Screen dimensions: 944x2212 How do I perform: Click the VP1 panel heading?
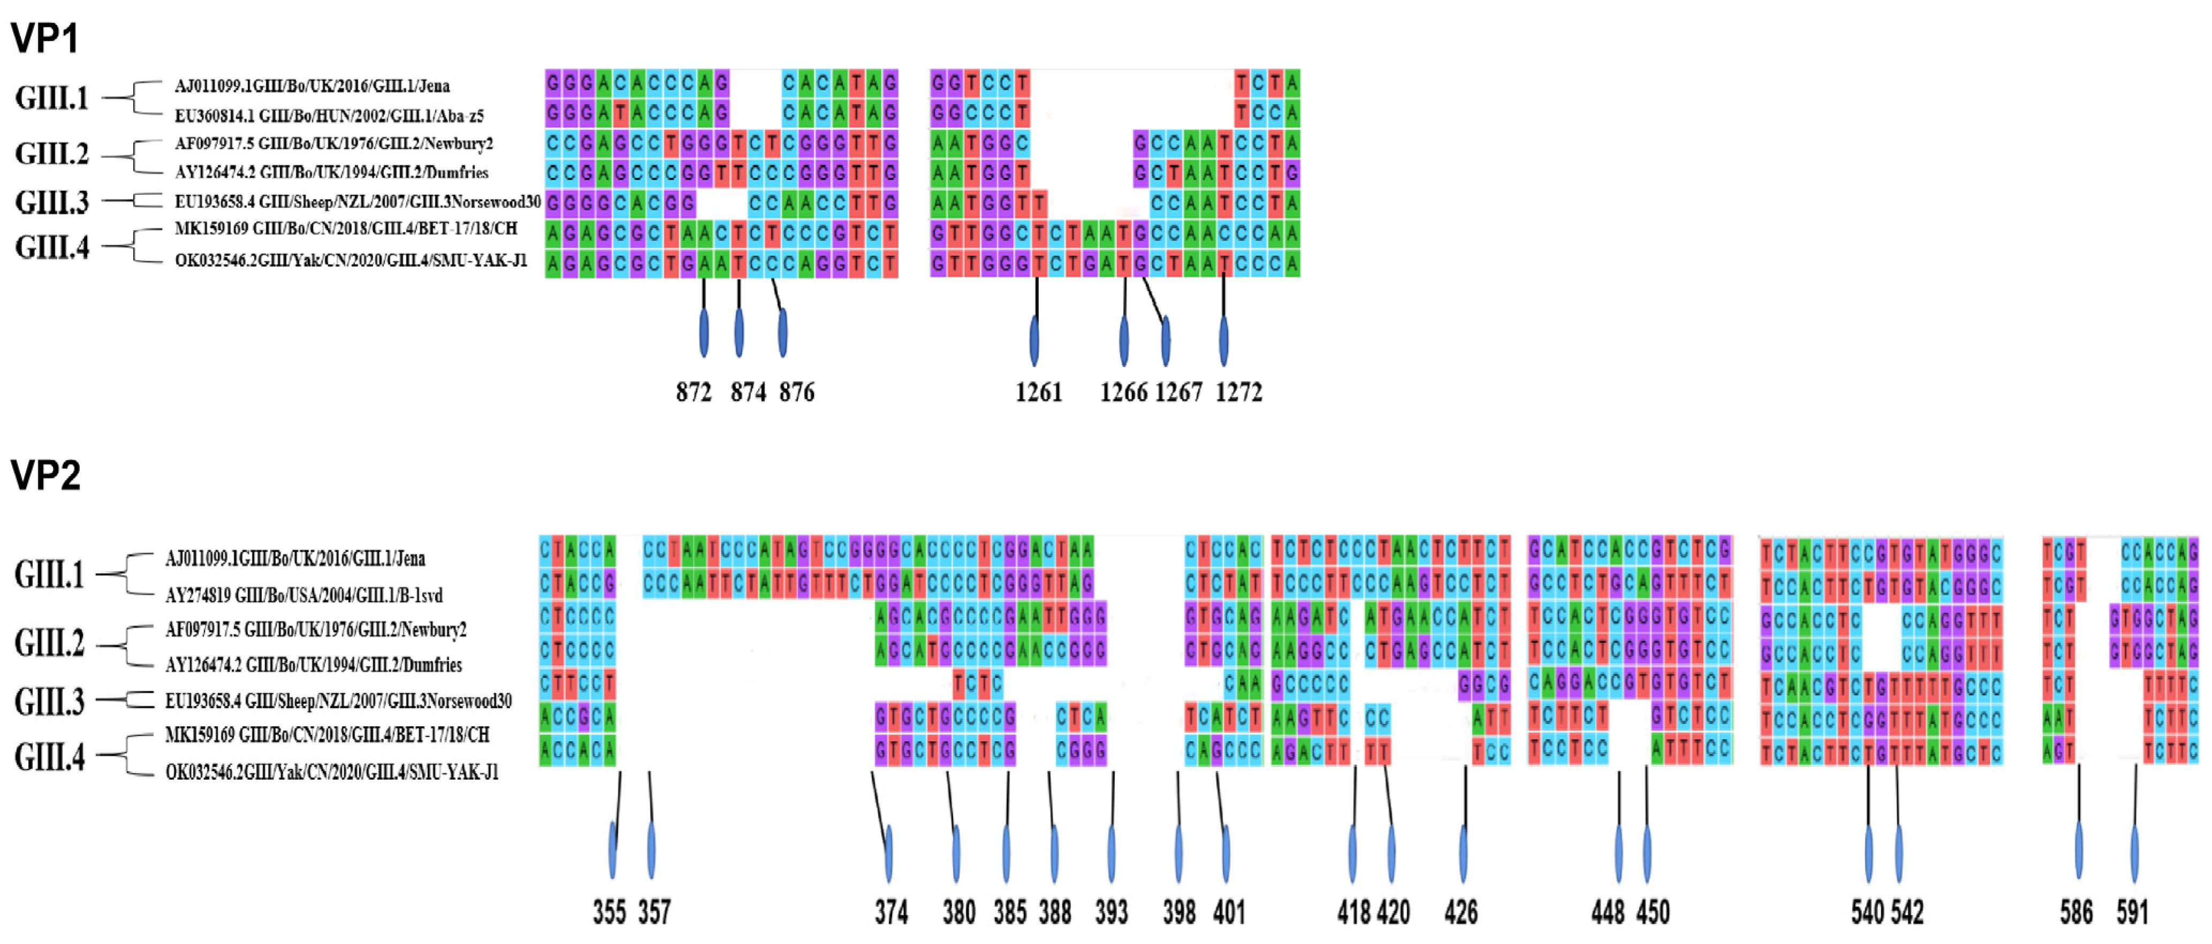[44, 39]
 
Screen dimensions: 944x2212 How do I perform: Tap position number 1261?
[1039, 392]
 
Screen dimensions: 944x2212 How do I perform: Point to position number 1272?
[1238, 392]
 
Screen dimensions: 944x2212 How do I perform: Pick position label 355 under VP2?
[609, 911]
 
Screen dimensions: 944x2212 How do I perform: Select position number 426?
[1461, 911]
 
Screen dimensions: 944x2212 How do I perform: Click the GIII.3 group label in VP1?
[51, 202]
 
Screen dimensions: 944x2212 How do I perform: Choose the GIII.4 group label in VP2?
[50, 757]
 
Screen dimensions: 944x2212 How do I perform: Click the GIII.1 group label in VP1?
[51, 98]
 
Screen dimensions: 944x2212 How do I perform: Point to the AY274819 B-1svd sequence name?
[304, 595]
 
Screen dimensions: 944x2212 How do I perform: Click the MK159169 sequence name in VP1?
[346, 229]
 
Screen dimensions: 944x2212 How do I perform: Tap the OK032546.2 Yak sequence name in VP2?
[331, 772]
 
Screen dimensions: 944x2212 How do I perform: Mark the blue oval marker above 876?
[782, 333]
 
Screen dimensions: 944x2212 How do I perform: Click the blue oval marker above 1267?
[1165, 341]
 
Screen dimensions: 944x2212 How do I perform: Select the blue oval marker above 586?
[2079, 850]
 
